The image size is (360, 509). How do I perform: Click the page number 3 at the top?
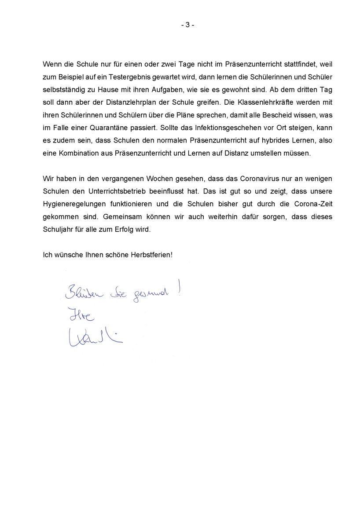click(x=187, y=25)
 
